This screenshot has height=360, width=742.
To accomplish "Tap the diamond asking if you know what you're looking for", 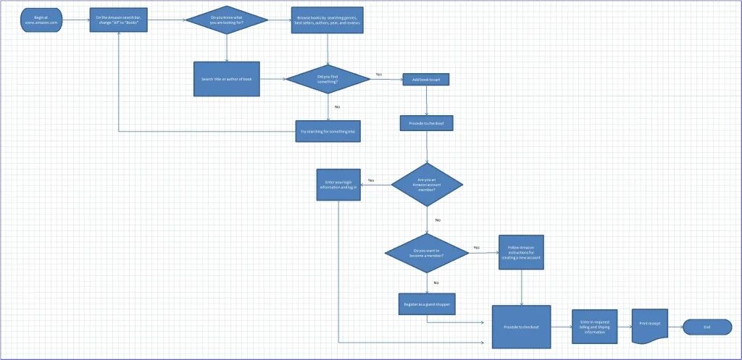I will coord(227,20).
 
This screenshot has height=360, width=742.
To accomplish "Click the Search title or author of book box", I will coord(226,78).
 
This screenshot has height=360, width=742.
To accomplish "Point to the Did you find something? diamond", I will coord(328,78).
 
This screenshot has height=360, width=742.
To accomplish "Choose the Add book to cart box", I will coord(426,79).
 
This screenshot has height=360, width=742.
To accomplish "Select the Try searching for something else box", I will coord(328,131).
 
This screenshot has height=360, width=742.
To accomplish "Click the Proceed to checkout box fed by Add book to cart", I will coord(426,124).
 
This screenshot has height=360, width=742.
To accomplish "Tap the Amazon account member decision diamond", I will coord(427,185).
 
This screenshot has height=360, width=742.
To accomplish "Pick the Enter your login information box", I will coord(338,185).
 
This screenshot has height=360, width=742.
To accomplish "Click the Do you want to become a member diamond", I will coord(427,253).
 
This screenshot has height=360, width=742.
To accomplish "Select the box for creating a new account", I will coord(521,253).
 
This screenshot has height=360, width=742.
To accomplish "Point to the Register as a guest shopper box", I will coord(426,304).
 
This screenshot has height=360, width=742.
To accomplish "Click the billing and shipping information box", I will coord(594,326).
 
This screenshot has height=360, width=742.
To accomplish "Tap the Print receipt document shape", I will coord(649,326).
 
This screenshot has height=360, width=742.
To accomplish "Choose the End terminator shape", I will coord(706,327).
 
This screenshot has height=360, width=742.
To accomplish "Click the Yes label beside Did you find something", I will coord(378,75).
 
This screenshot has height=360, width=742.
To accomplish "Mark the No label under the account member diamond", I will coord(438,219).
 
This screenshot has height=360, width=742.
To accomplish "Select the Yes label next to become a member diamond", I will coord(476,248).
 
